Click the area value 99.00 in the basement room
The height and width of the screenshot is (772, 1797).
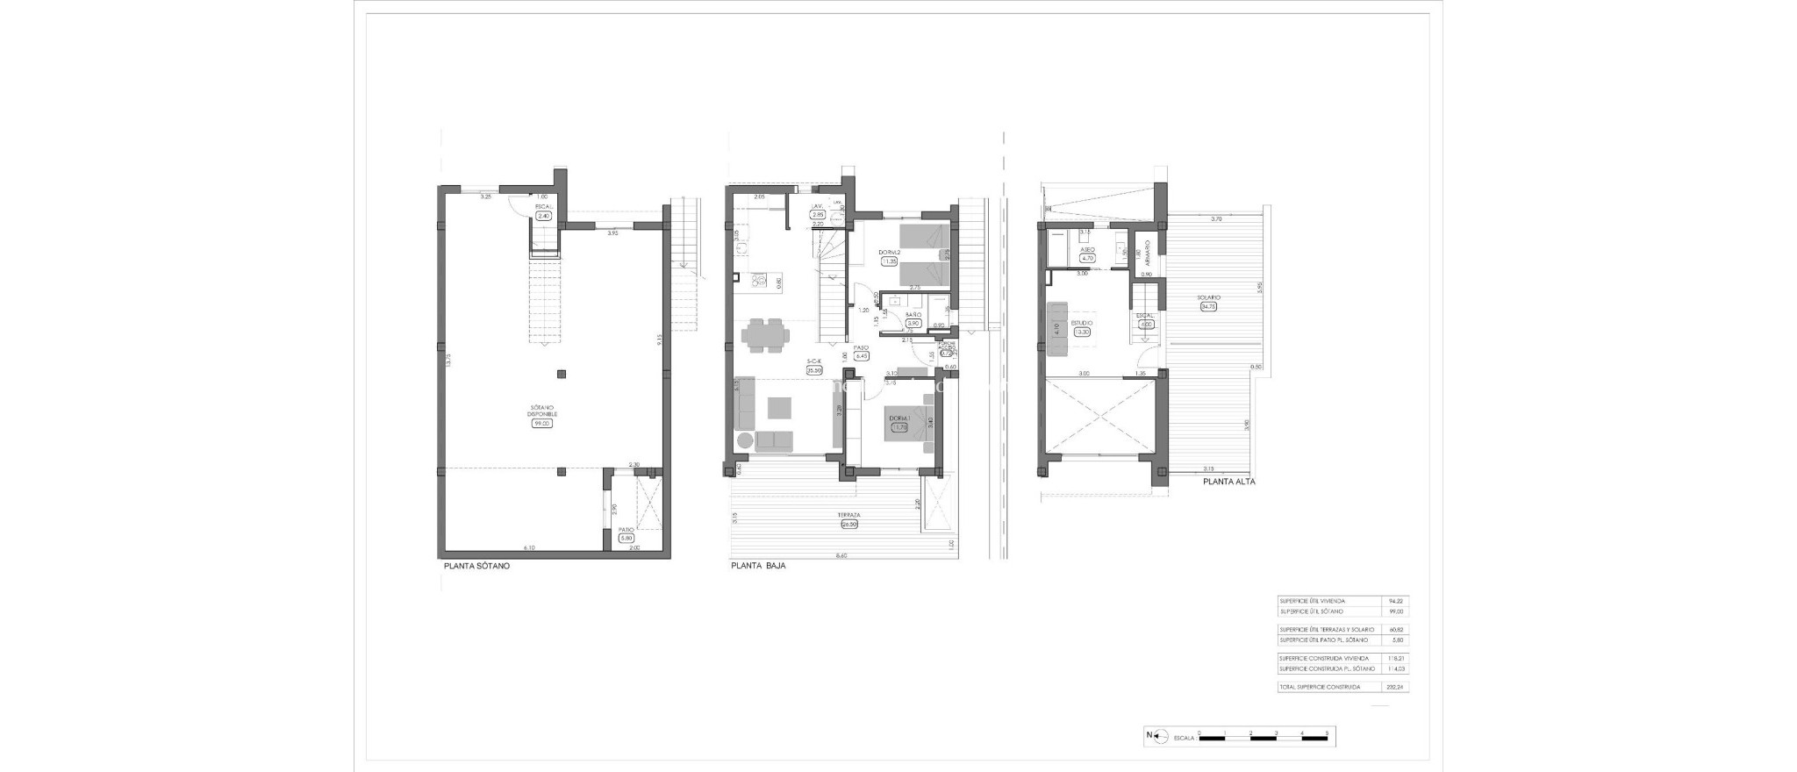pyautogui.click(x=541, y=423)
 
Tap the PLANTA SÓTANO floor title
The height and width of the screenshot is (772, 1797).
pyautogui.click(x=476, y=567)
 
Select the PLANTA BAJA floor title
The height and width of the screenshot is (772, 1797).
pyautogui.click(x=758, y=567)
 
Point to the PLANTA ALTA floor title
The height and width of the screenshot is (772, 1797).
pyautogui.click(x=1228, y=482)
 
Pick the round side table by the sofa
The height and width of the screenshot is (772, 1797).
pyautogui.click(x=744, y=441)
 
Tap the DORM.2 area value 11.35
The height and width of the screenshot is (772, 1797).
pyautogui.click(x=890, y=261)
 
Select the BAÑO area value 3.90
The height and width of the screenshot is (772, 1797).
pyautogui.click(x=913, y=323)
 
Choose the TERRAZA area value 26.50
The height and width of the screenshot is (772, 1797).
pyautogui.click(x=848, y=525)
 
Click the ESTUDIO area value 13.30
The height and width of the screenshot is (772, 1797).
pyautogui.click(x=1084, y=332)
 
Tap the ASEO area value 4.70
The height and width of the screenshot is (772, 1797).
pyautogui.click(x=1087, y=259)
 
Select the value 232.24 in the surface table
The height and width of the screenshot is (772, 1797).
pyautogui.click(x=1396, y=687)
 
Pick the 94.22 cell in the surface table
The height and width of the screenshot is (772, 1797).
pyautogui.click(x=1396, y=601)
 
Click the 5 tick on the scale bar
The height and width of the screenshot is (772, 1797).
pyautogui.click(x=1327, y=733)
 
